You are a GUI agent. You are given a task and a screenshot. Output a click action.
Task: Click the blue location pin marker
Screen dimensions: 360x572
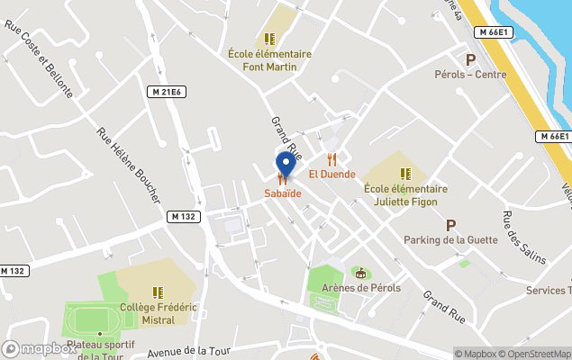tap(286, 166)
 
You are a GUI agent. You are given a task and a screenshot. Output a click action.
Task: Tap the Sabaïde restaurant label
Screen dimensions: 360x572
tap(283, 193)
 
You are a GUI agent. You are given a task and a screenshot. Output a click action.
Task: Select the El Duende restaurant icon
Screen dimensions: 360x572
tap(331, 159)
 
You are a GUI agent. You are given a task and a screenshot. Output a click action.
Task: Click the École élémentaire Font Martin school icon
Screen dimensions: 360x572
tap(268, 39)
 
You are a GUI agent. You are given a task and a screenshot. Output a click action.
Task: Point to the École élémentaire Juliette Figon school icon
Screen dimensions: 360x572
tap(406, 173)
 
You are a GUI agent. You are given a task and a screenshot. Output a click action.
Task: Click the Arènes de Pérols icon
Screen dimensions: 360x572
tap(361, 273)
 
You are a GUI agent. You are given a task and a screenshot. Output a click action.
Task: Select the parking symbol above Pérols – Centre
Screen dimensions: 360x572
tap(468, 59)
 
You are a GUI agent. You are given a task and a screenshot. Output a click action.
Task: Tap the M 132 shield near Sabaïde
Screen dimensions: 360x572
tap(182, 216)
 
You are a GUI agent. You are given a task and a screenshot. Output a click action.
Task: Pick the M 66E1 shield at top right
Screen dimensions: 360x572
tap(495, 32)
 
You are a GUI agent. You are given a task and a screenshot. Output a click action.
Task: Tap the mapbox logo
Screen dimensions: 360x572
tap(39, 348)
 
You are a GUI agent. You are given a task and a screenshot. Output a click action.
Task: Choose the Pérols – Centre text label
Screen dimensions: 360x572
tap(469, 75)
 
